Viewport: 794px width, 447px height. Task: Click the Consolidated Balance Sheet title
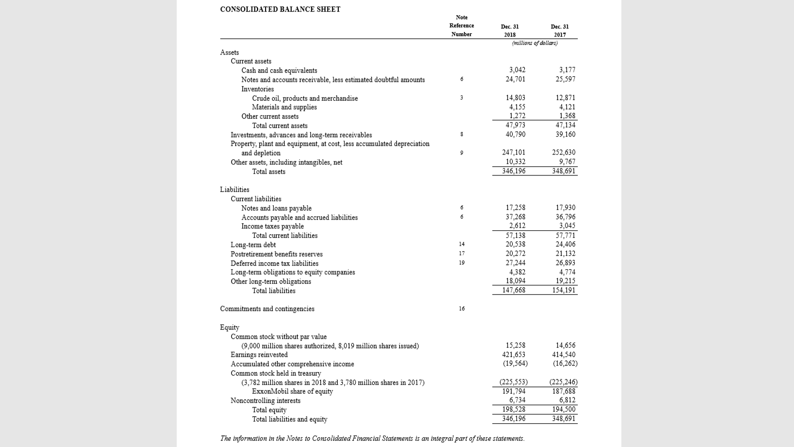coord(280,9)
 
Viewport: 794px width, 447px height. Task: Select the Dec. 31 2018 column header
coord(510,30)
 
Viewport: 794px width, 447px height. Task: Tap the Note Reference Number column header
coord(462,26)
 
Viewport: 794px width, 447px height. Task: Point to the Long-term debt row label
coord(253,245)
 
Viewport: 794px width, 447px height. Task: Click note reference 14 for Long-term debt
coord(462,245)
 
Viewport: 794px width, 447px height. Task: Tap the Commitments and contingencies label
coord(267,309)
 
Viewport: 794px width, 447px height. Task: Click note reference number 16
coord(462,309)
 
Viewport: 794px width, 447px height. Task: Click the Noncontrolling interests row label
coord(266,400)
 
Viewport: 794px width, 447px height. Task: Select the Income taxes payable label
coord(273,226)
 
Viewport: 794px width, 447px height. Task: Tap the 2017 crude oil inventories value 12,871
coord(566,98)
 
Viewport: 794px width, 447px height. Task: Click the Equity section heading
coord(230,327)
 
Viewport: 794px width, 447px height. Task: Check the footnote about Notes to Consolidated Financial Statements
coord(373,438)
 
